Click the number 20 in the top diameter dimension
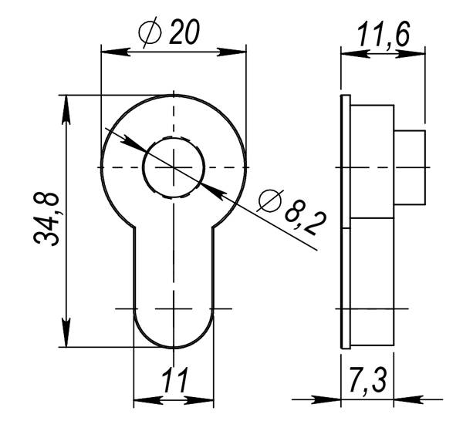coord(184,32)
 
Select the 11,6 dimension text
coord(383,35)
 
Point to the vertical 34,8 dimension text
coord(49,219)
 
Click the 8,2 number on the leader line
coord(306,219)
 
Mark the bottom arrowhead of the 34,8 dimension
coord(67,336)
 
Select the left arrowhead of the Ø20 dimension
coord(112,52)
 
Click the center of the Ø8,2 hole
coord(174,167)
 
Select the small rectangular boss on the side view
coord(410,167)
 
